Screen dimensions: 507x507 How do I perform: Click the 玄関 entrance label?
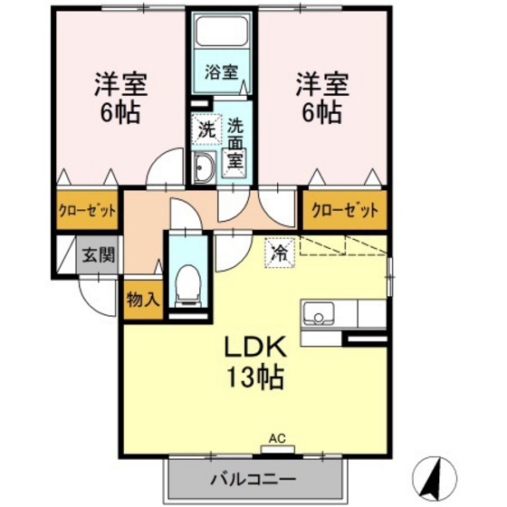pos(100,254)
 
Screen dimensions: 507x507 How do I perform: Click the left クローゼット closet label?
pos(88,212)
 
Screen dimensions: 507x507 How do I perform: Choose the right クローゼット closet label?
pos(344,212)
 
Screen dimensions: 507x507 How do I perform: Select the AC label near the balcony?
pos(276,438)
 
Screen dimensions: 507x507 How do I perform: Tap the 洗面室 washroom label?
pos(234,145)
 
